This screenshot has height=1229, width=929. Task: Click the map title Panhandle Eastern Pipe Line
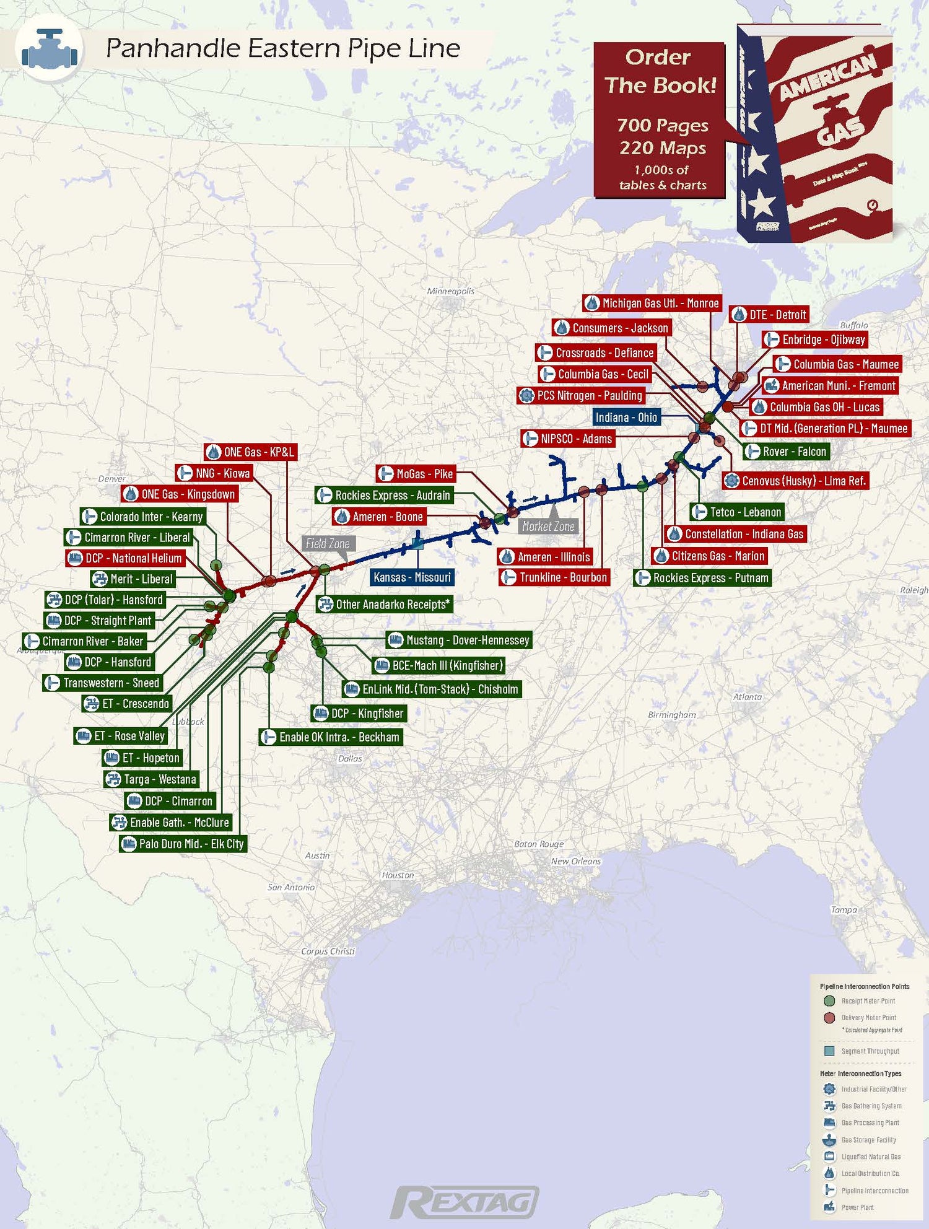coord(283,48)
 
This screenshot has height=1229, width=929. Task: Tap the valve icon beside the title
coord(50,50)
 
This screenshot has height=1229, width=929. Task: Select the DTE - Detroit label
coord(769,315)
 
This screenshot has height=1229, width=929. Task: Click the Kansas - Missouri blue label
coord(412,577)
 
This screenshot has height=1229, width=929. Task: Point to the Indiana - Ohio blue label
coord(626,418)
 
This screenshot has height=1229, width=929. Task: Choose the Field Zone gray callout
coord(328,544)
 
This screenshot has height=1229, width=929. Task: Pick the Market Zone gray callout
coord(548,526)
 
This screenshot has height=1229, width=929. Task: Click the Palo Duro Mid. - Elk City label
coord(183,844)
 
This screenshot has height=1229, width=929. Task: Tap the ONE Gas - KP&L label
coord(251,452)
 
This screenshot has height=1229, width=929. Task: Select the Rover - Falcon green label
coord(787,452)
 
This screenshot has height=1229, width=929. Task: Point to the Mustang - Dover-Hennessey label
coord(460,640)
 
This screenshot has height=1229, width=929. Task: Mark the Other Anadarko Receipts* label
coord(385,604)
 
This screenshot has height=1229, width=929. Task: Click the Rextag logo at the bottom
coord(464,1202)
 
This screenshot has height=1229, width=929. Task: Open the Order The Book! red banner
coord(660,120)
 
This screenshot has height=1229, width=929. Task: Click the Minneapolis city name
coord(451,291)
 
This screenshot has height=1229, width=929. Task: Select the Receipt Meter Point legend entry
coord(867,1001)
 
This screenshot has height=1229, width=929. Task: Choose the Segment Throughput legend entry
coord(869,1051)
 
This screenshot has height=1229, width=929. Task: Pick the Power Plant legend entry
coord(857,1207)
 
